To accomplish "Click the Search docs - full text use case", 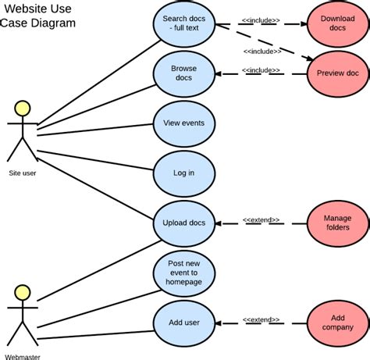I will (x=183, y=24).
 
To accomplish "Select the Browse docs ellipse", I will (x=183, y=73).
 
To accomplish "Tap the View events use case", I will (x=183, y=123).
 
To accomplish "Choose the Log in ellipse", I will (x=183, y=173).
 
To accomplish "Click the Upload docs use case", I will (x=183, y=223).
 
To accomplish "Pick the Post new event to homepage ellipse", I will (x=183, y=273).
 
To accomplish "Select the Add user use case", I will (x=183, y=322).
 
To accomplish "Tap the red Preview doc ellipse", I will (x=337, y=73).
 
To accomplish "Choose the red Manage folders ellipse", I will (x=337, y=223).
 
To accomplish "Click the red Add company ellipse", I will (x=337, y=323).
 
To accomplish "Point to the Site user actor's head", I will (x=23, y=109).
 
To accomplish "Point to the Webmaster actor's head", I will (x=23, y=294).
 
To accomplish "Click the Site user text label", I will (x=23, y=173).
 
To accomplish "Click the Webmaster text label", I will (x=23, y=356).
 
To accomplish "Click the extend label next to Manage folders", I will (x=261, y=220).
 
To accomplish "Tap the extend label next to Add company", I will (x=261, y=319).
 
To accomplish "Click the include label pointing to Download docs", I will (x=261, y=21).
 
